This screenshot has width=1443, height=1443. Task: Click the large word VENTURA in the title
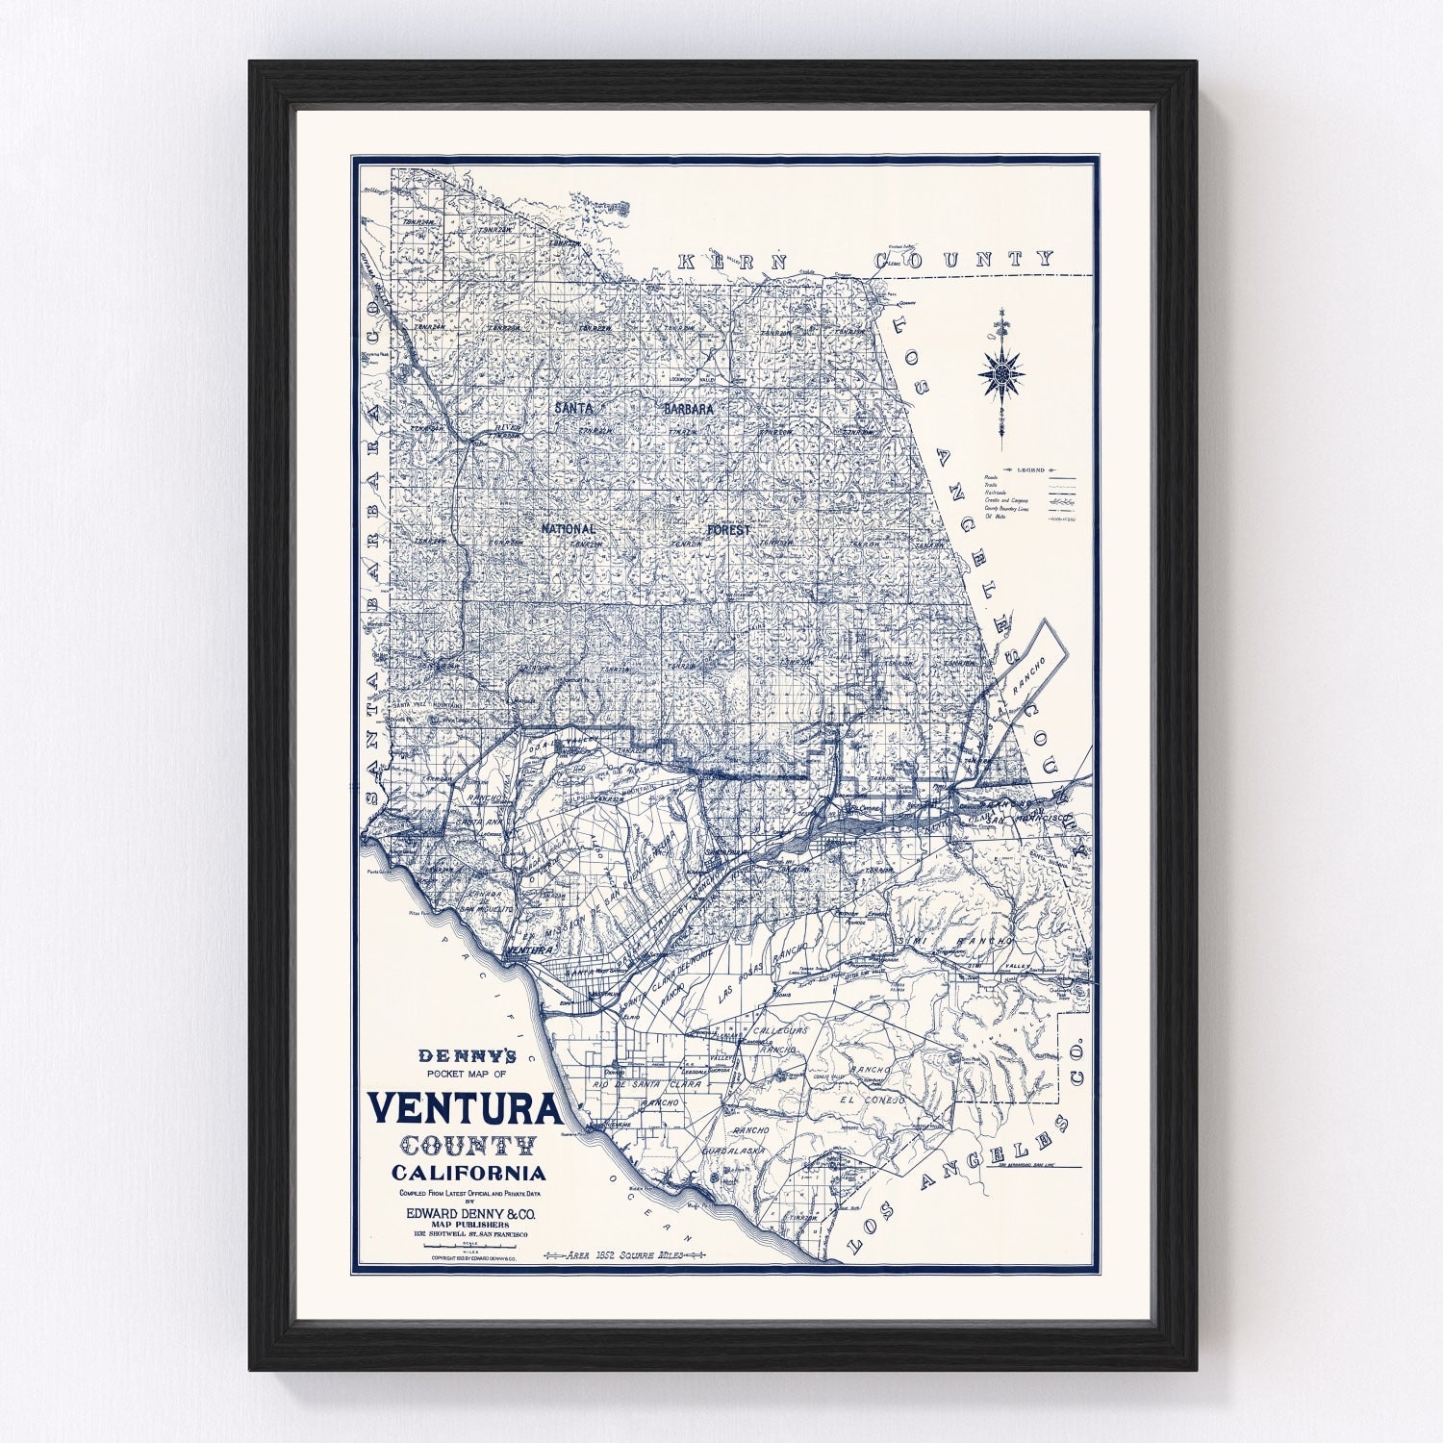tap(465, 1109)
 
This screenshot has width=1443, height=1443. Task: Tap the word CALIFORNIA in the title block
tap(468, 1173)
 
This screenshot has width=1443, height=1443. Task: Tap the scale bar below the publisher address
tap(468, 1248)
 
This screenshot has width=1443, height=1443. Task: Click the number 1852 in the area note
tap(606, 1254)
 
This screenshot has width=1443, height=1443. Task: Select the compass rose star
tap(1001, 372)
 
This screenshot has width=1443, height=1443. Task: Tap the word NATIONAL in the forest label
tap(568, 529)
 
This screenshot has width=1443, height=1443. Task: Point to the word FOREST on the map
tap(725, 529)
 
